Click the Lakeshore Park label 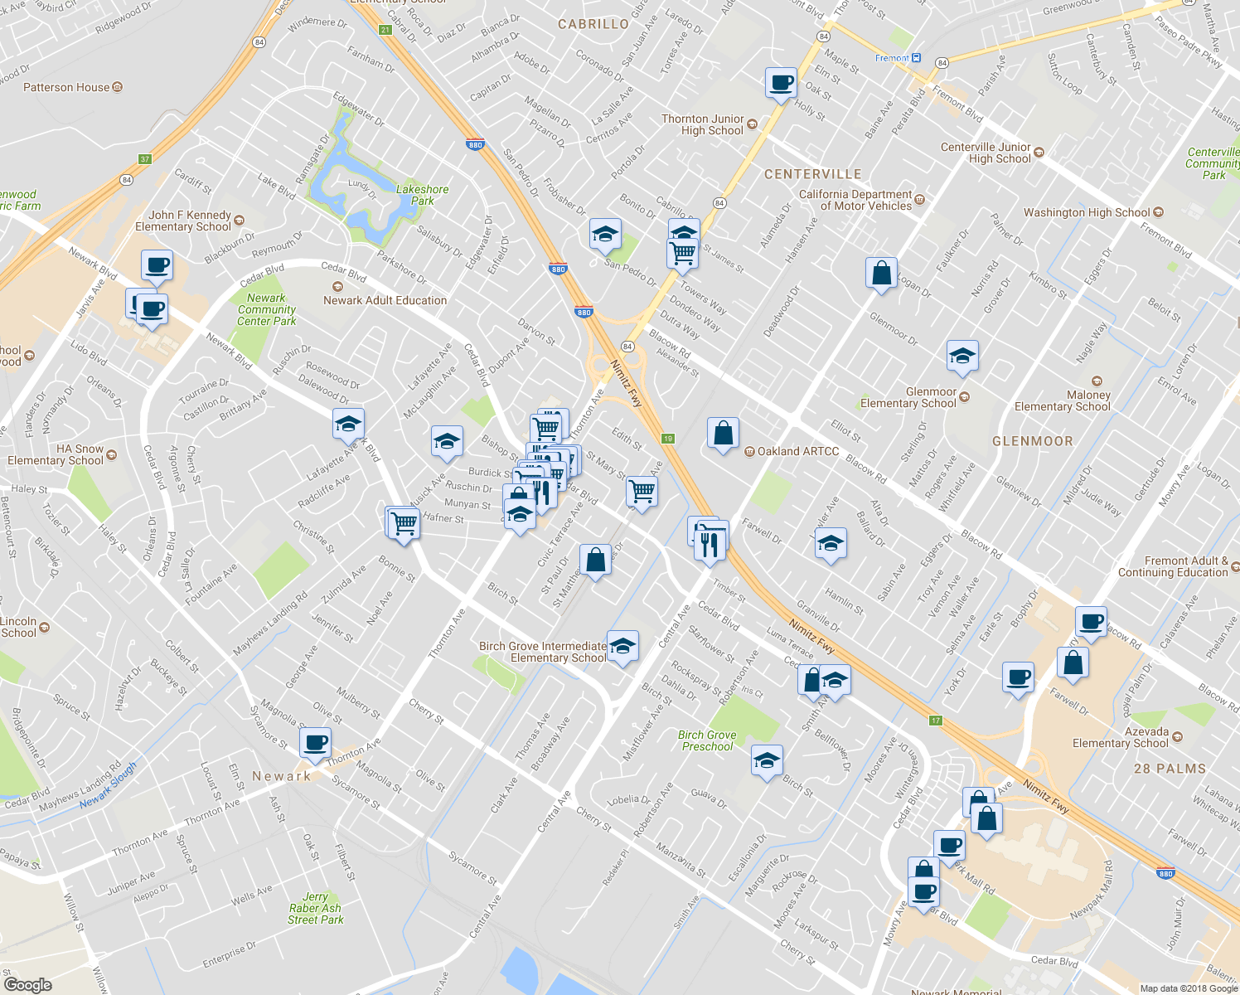coord(422,195)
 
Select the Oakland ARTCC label coord(797,451)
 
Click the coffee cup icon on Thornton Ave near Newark coord(315,742)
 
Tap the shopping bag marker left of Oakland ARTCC coord(723,433)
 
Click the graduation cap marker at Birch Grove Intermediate coord(622,645)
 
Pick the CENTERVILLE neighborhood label coord(812,174)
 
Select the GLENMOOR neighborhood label coord(1032,441)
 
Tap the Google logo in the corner coord(27,984)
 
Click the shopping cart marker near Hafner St coord(404,523)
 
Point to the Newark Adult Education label coord(385,300)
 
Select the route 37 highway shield coord(145,159)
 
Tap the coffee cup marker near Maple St coord(781,83)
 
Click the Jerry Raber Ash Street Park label coord(315,908)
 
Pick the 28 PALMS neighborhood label coord(1170,769)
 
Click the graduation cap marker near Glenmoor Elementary coord(961,356)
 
